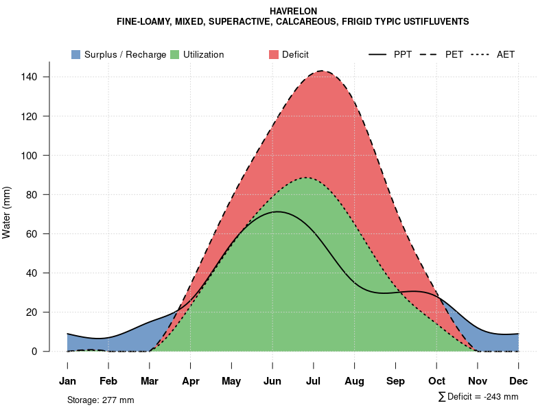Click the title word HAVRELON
(293, 12)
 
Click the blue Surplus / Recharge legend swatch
(76, 54)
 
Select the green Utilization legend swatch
(174, 54)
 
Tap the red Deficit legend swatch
(272, 54)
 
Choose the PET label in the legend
(454, 54)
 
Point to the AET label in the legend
(506, 54)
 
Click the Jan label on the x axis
(67, 381)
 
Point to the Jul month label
(314, 381)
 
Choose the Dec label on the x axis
(519, 381)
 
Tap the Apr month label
(191, 381)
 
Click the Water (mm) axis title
(7, 212)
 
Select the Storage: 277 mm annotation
(100, 400)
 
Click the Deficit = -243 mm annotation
(481, 397)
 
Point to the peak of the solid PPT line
(277, 211)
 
